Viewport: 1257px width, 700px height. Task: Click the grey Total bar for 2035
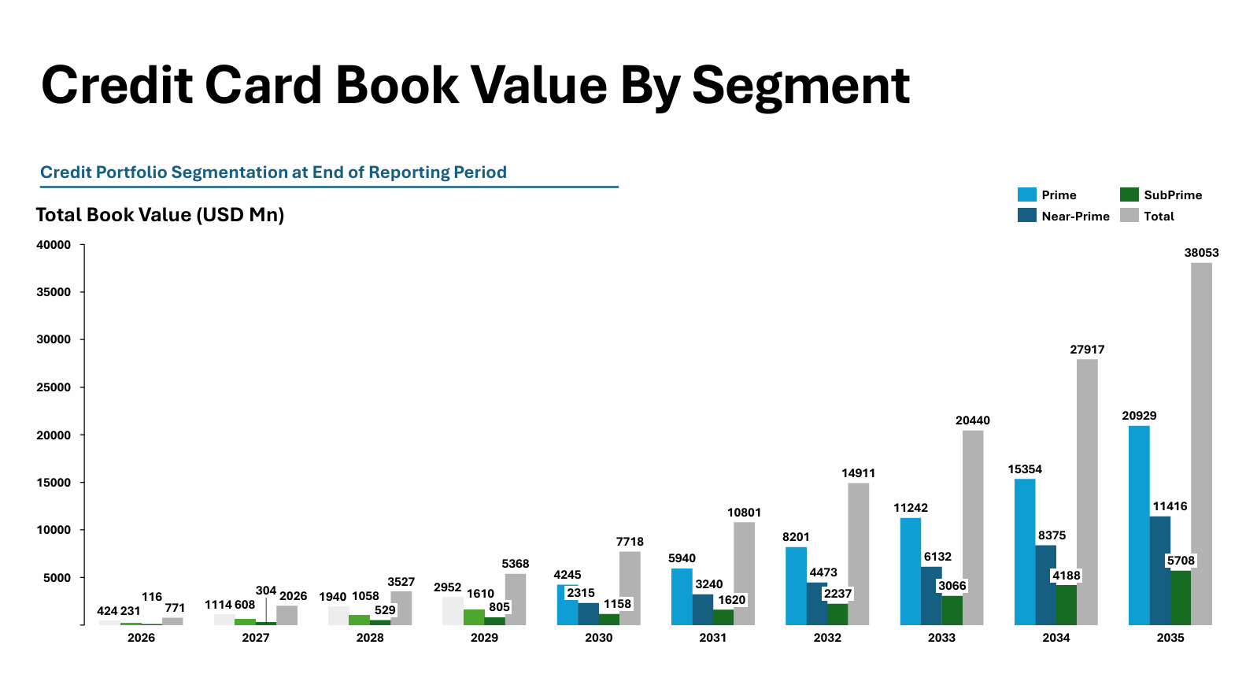[1201, 444]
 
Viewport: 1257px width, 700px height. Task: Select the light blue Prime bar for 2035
[1139, 525]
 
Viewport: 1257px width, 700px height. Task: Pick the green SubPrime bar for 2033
[952, 610]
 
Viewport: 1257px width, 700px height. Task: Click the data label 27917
[1087, 350]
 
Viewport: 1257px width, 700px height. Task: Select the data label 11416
[1170, 506]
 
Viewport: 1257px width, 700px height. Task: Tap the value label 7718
[630, 542]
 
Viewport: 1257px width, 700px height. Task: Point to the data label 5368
[516, 564]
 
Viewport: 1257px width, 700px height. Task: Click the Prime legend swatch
[1027, 194]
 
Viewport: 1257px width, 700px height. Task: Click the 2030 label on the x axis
[598, 638]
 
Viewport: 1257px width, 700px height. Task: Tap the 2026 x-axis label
[141, 638]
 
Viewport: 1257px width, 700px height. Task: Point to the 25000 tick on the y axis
[54, 387]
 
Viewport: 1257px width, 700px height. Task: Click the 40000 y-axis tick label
[54, 245]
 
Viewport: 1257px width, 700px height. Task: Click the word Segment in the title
[800, 85]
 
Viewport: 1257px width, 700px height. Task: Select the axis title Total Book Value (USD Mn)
[160, 215]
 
